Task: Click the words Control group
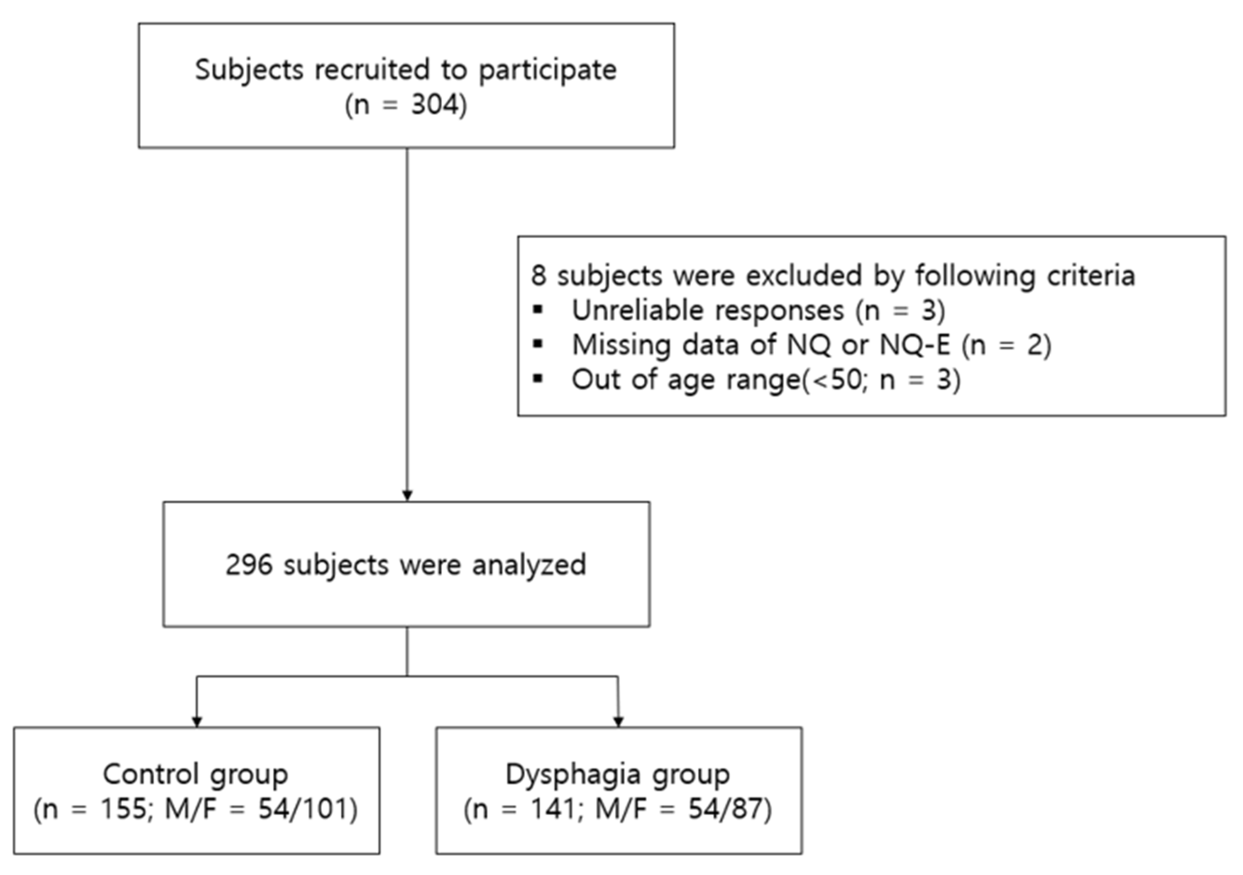click(x=195, y=775)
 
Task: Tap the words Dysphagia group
click(x=617, y=775)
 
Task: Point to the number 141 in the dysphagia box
click(x=552, y=810)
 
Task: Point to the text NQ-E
click(x=914, y=345)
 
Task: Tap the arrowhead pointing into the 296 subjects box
click(x=407, y=496)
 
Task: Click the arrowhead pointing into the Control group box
click(x=197, y=721)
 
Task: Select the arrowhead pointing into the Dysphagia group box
click(x=618, y=721)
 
